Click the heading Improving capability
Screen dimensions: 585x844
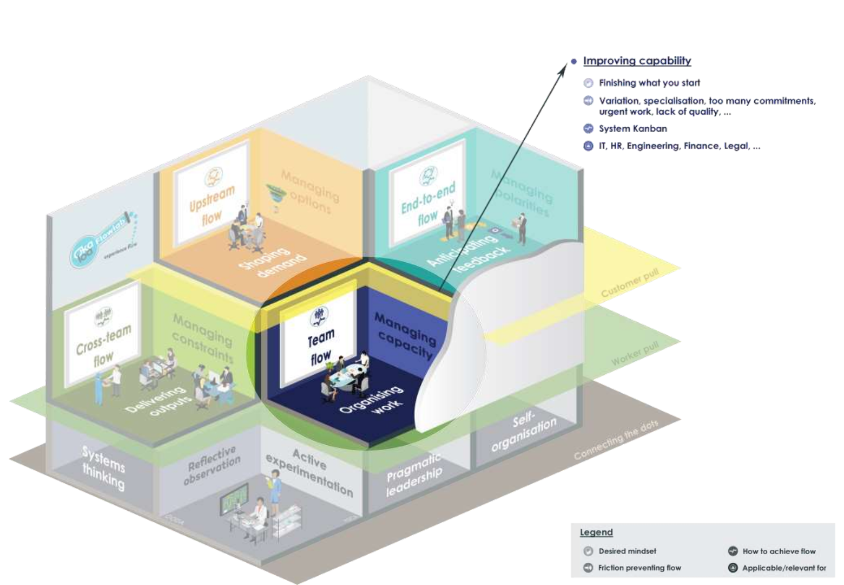coord(637,61)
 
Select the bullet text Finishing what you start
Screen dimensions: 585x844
coord(649,83)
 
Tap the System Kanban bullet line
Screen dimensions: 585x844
coord(632,128)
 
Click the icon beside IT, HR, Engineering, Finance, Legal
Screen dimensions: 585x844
coord(588,146)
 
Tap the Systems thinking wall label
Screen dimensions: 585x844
coord(103,467)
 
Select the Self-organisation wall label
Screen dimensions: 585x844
coord(524,431)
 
